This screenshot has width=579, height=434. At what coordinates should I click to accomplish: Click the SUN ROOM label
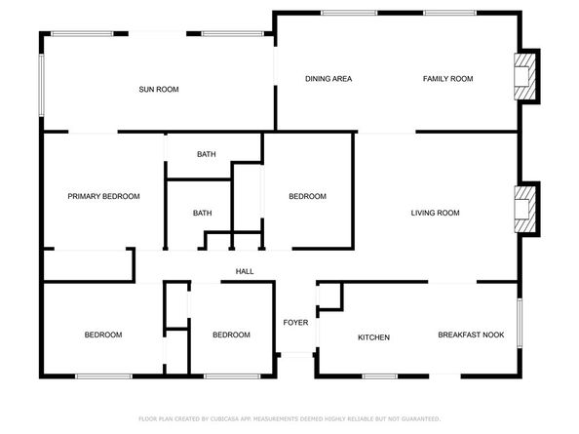[x=159, y=90]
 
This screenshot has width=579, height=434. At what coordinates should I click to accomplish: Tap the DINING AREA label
[x=328, y=79]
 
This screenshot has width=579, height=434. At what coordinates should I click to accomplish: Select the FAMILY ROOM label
[x=447, y=79]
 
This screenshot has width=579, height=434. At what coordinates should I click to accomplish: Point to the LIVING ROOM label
[x=435, y=213]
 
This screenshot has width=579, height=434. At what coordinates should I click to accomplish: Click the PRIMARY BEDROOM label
[x=103, y=196]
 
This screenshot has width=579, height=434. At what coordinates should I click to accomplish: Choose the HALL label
[x=245, y=271]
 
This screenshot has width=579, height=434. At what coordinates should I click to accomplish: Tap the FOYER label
[x=295, y=323]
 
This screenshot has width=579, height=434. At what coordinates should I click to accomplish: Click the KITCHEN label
[x=373, y=337]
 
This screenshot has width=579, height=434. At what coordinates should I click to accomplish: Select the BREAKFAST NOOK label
[x=471, y=335]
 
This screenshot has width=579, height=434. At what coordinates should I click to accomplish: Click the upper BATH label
[x=206, y=154]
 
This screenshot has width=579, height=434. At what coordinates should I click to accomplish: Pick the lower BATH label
[x=202, y=213]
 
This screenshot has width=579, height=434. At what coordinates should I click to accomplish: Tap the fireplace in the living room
[x=525, y=208]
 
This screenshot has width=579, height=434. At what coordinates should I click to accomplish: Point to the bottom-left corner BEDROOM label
[x=102, y=335]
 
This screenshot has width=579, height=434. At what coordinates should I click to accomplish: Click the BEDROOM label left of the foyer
[x=231, y=335]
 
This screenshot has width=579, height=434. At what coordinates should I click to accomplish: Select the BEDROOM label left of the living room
[x=307, y=197]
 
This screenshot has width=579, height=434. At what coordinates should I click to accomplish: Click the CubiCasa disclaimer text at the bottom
[x=289, y=417]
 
